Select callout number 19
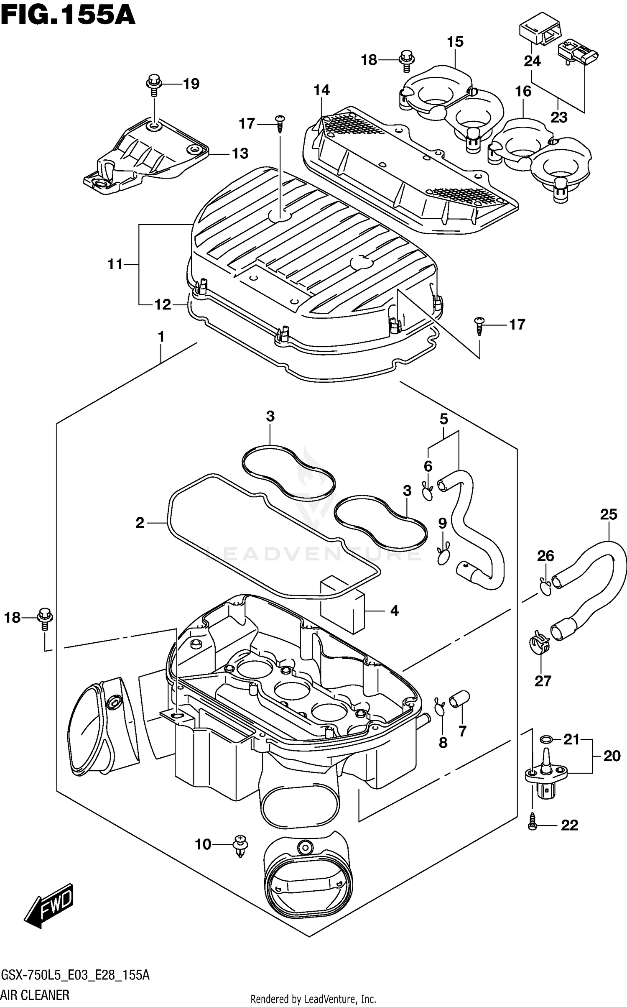pos(191,84)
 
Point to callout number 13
pos(240,153)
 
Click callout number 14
pos(322,90)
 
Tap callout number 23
pos(559,118)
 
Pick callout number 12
pos(163,305)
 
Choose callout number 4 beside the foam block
pos(394,611)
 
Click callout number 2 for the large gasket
pos(140,522)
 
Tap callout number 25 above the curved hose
pos(608,514)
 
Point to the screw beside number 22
pos(532,825)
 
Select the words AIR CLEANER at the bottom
pos(35,994)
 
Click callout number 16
pos(523,92)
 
